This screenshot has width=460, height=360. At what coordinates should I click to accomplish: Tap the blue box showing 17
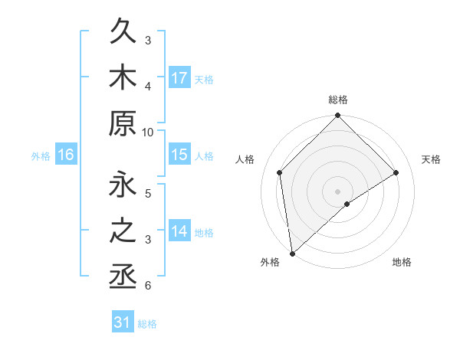pyautogui.click(x=179, y=78)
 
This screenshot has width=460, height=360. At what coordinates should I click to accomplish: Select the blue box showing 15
pyautogui.click(x=179, y=155)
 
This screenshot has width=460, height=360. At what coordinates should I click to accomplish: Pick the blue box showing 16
pyautogui.click(x=66, y=155)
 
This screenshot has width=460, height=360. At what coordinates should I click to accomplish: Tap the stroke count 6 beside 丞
pyautogui.click(x=148, y=286)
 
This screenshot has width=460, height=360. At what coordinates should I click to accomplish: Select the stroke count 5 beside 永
pyautogui.click(x=148, y=194)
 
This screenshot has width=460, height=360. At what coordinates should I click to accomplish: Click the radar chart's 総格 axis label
pyautogui.click(x=338, y=100)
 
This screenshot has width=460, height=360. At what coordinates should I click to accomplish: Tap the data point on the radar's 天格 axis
pyautogui.click(x=396, y=172)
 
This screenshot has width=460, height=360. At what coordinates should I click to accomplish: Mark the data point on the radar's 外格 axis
pyautogui.click(x=292, y=253)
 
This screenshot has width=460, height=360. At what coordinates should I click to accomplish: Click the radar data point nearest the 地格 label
pyautogui.click(x=347, y=204)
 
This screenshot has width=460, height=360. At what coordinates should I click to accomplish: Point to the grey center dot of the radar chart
pyautogui.click(x=338, y=191)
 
